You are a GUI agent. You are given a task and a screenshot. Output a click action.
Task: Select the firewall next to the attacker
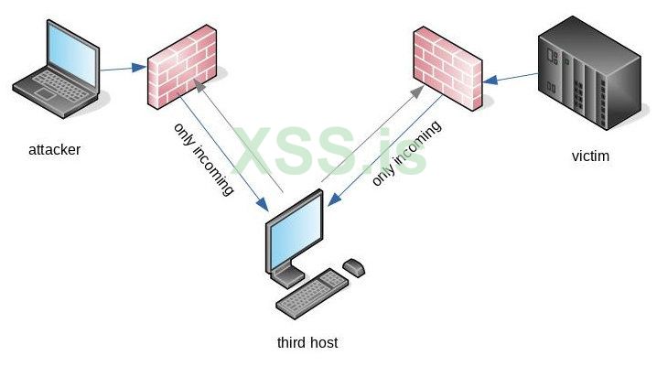pyautogui.click(x=181, y=67)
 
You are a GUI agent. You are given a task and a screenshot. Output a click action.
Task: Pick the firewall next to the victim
pyautogui.click(x=447, y=68)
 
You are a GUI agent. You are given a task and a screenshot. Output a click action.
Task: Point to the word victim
pyautogui.click(x=590, y=156)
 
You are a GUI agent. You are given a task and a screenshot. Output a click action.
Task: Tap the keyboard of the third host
pyautogui.click(x=311, y=294)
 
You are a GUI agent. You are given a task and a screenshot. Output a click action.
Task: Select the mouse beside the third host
pyautogui.click(x=354, y=267)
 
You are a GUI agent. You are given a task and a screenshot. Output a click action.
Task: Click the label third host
pyautogui.click(x=307, y=343)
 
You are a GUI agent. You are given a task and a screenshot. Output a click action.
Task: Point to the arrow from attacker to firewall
pyautogui.click(x=123, y=68)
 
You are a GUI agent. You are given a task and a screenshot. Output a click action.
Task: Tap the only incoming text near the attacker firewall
pyautogui.click(x=203, y=159)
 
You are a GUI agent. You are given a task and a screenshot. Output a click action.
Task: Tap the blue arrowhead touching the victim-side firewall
pyautogui.click(x=490, y=81)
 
